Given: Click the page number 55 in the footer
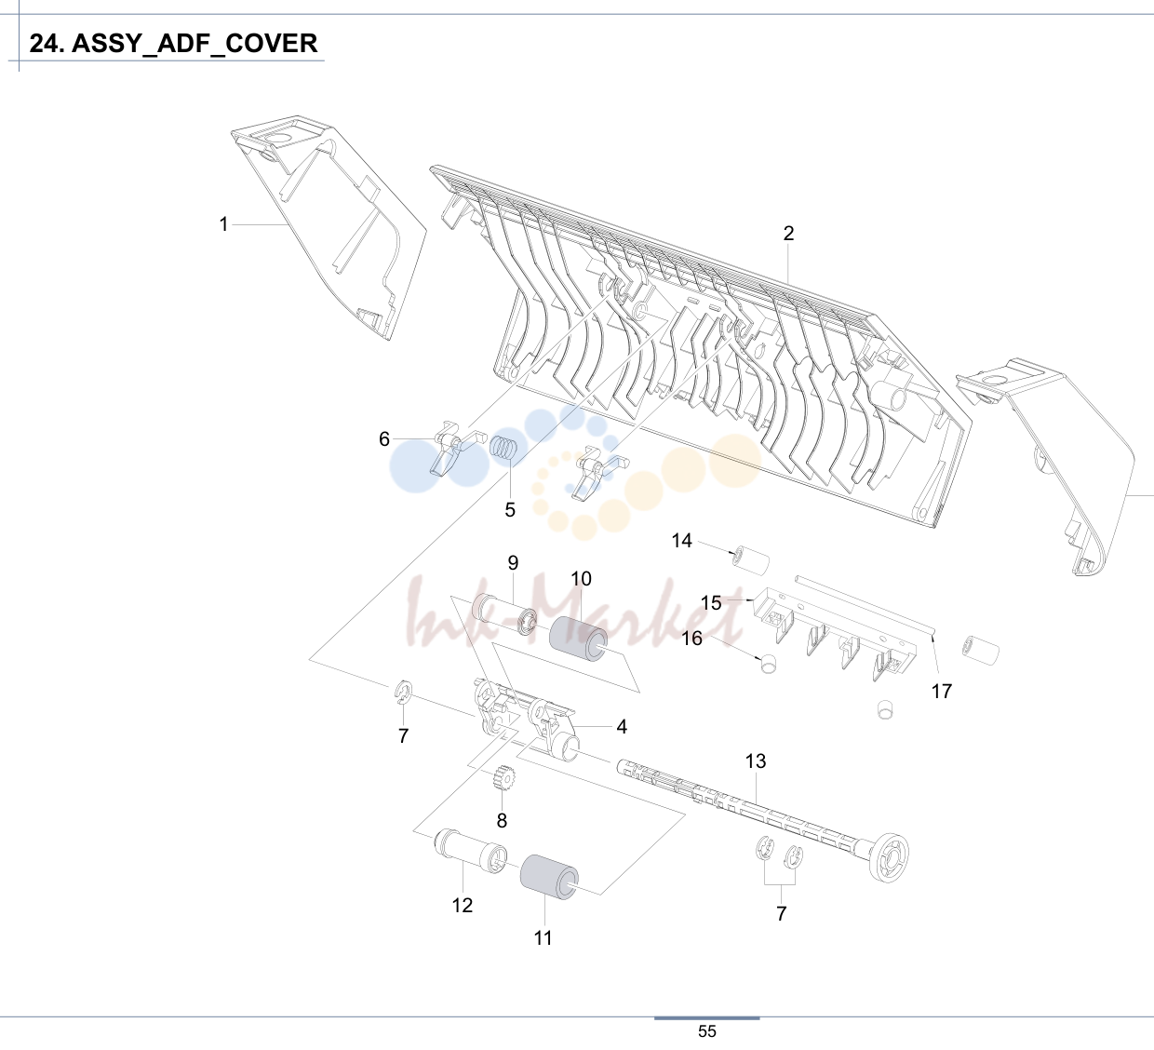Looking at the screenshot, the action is [707, 1031].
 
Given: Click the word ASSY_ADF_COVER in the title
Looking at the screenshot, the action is [195, 44].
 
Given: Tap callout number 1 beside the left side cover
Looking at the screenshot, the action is [223, 224].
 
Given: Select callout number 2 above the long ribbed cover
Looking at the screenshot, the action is [788, 233].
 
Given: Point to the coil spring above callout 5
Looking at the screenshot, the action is [504, 448].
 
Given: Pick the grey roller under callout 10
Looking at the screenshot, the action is [579, 639].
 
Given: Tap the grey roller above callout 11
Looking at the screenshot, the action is [549, 878].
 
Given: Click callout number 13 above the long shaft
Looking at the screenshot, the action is [756, 761].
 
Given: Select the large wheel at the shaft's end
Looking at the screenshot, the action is [888, 857].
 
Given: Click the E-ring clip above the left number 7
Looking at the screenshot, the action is [405, 692].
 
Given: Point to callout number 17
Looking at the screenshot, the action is [941, 691].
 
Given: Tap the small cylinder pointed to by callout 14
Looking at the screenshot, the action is [751, 561].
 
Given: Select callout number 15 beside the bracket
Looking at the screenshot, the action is [711, 602].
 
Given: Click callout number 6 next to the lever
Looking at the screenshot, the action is [384, 439].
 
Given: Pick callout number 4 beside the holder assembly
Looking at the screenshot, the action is [622, 726].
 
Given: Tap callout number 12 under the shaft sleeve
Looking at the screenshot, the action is [462, 905].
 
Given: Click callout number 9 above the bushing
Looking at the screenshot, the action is [513, 562].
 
